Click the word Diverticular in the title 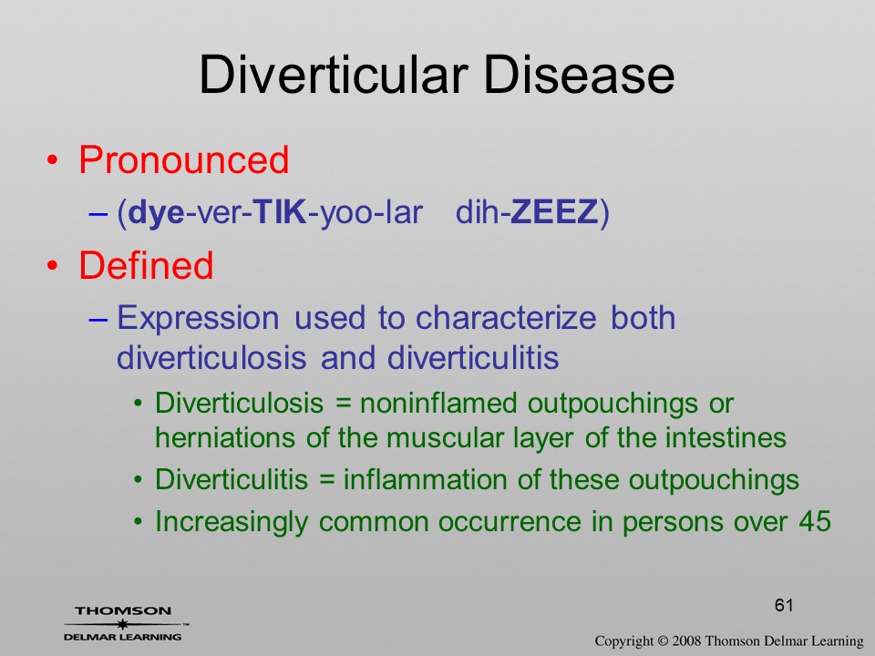334,75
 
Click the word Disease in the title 579,75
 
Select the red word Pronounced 183,160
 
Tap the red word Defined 146,264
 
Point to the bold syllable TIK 280,212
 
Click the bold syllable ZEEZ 554,212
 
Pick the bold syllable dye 156,213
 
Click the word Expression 198,319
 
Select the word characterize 506,317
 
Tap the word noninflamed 438,403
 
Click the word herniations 225,437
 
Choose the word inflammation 426,479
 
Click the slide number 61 784,605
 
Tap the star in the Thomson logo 122,624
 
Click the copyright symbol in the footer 663,641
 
